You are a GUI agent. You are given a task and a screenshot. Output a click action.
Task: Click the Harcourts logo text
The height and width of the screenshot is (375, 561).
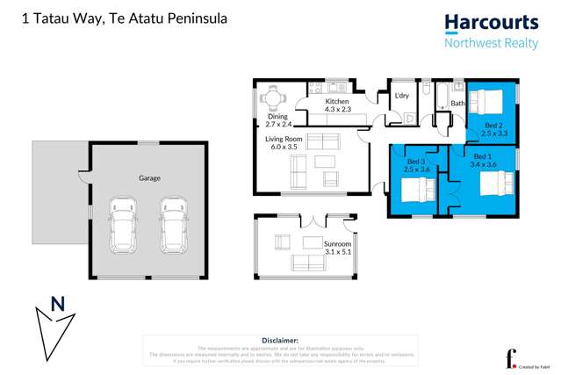491,23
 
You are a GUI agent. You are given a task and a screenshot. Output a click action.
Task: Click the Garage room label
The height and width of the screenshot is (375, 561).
148,177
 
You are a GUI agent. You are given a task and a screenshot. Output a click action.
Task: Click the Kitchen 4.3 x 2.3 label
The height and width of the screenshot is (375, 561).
337,105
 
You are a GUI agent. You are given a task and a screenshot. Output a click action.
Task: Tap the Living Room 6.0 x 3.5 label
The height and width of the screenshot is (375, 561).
284,142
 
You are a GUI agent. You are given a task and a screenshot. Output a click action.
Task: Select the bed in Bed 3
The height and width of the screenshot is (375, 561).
415,191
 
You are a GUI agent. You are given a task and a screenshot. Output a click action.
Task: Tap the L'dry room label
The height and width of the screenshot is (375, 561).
402,96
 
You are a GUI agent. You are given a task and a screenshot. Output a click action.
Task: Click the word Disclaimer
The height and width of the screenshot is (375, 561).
280,339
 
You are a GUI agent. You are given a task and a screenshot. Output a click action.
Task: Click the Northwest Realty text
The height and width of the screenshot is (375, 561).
491,44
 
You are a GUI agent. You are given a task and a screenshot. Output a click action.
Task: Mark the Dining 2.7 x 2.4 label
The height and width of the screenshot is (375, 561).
277,121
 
